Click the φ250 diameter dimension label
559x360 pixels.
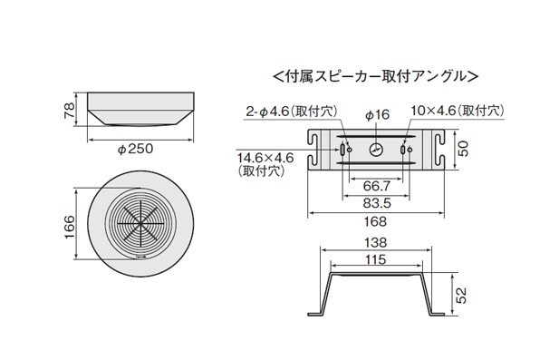pos(136,149)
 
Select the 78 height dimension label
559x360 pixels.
pos(70,111)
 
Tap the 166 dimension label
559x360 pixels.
pos(70,227)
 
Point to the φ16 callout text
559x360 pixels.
pos(378,114)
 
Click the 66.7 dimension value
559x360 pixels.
pos(377,186)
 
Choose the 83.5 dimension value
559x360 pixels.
pos(377,203)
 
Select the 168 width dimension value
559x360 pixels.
pos(375,221)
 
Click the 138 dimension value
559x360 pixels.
pos(376,243)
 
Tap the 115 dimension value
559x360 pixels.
pos(376,259)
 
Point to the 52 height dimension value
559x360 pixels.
pos(461,296)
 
